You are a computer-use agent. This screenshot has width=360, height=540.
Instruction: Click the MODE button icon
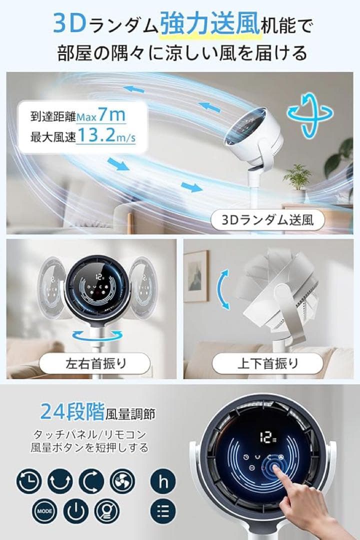tap(43, 511)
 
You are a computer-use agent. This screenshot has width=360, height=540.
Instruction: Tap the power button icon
tap(75, 511)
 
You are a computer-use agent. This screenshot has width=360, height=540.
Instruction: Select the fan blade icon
tap(122, 481)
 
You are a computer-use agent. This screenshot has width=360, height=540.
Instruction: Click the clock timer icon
tap(29, 481)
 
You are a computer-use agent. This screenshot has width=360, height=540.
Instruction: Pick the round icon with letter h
tap(163, 481)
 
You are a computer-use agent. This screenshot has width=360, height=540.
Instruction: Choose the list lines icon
tap(163, 511)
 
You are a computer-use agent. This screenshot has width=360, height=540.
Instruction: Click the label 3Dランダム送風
tap(268, 220)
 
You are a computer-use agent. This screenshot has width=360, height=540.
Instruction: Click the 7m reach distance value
tap(111, 115)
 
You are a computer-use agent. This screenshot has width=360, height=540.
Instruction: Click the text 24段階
tap(72, 412)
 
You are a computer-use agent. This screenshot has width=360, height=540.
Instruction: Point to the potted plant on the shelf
tap(297, 177)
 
